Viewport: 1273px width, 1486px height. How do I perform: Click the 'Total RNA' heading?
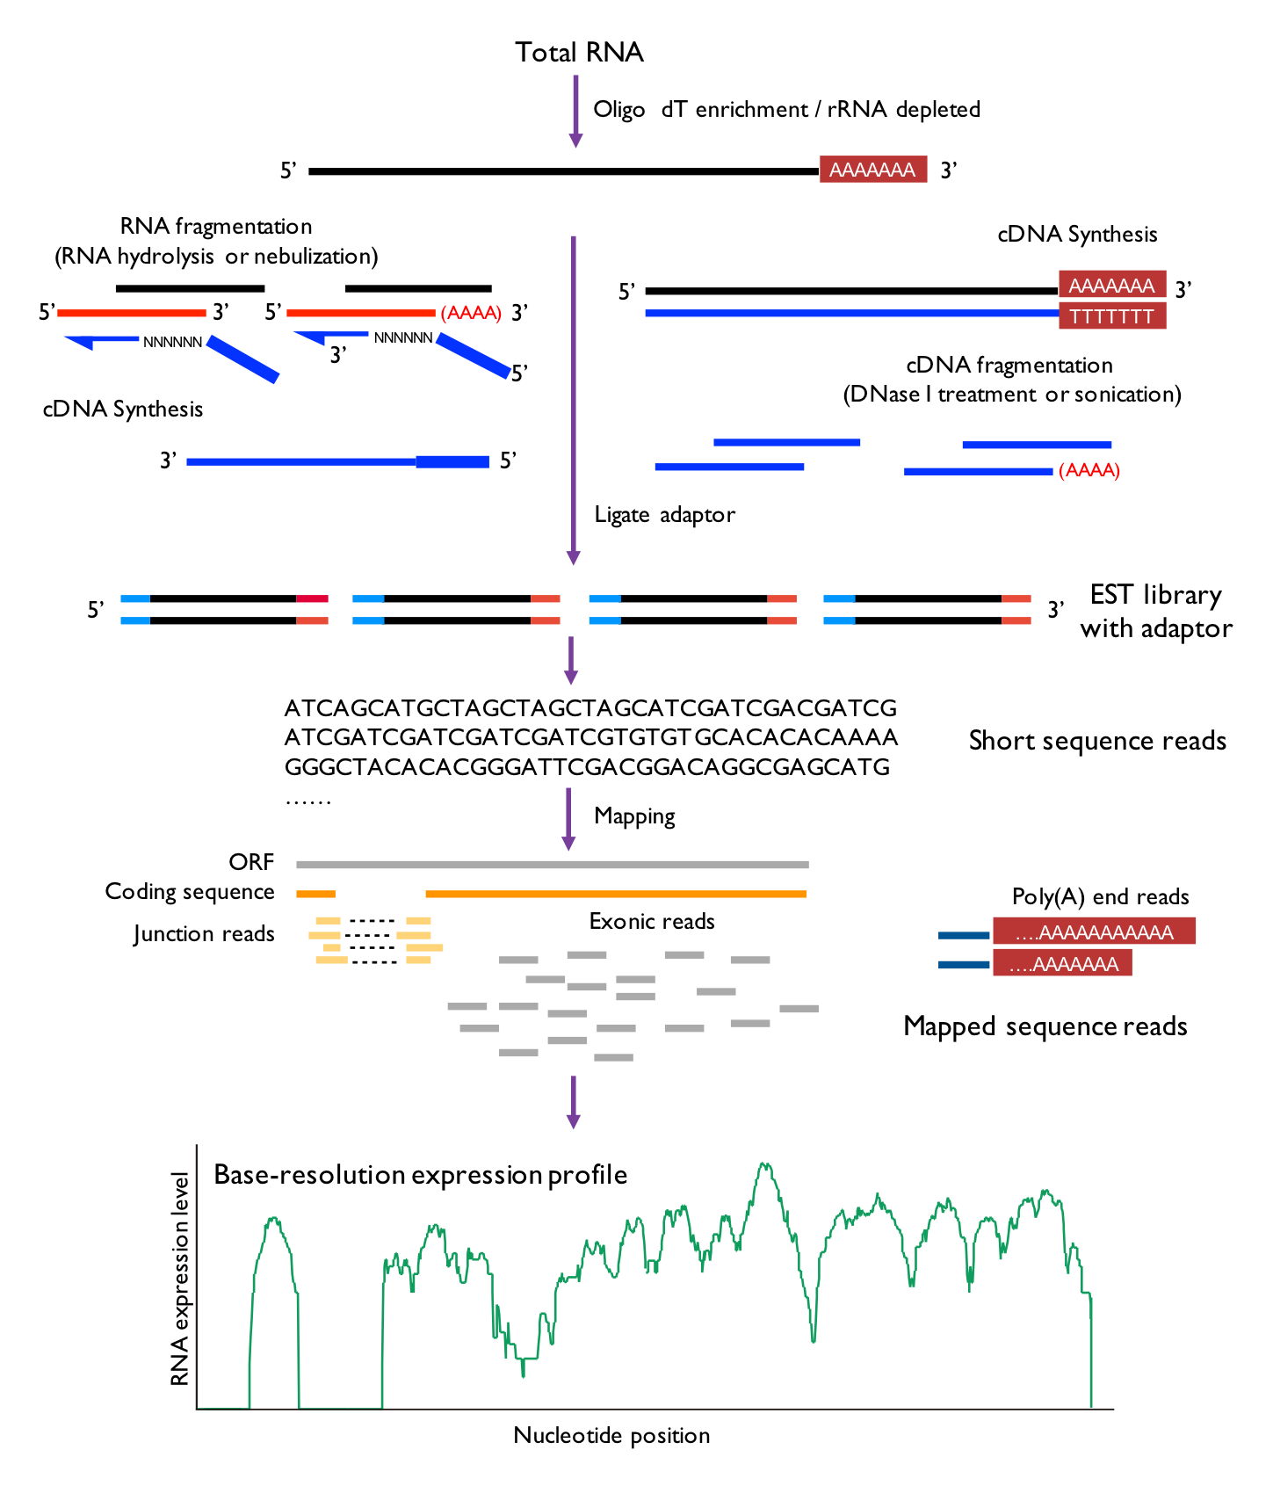click(579, 53)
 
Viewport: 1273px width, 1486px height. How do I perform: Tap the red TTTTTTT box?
click(1112, 315)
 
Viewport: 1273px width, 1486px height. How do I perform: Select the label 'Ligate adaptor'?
click(664, 515)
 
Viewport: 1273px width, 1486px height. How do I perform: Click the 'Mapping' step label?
click(634, 816)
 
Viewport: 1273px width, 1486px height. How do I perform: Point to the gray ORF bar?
click(553, 865)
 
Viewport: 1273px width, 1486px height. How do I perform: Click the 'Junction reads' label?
click(204, 934)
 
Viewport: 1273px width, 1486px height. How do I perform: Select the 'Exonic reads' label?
click(652, 921)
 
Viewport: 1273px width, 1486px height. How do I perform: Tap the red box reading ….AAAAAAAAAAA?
click(1094, 931)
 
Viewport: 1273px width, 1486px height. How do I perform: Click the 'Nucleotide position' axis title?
click(611, 1436)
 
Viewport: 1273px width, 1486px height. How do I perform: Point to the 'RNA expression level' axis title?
click(180, 1279)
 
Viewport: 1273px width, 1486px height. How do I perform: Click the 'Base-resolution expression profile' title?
click(421, 1175)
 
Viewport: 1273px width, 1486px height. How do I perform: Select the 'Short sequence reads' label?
click(1097, 741)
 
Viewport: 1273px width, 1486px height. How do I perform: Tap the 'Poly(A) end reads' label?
click(1100, 897)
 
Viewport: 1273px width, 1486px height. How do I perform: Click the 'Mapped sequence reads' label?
click(1045, 1026)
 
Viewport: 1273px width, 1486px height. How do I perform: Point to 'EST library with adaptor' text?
click(1156, 612)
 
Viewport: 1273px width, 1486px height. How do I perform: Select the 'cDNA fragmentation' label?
click(1009, 366)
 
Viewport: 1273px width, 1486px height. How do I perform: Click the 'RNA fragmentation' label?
click(216, 227)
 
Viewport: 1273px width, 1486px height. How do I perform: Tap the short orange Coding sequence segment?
click(316, 895)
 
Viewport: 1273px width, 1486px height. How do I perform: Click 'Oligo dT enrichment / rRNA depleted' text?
click(786, 110)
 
